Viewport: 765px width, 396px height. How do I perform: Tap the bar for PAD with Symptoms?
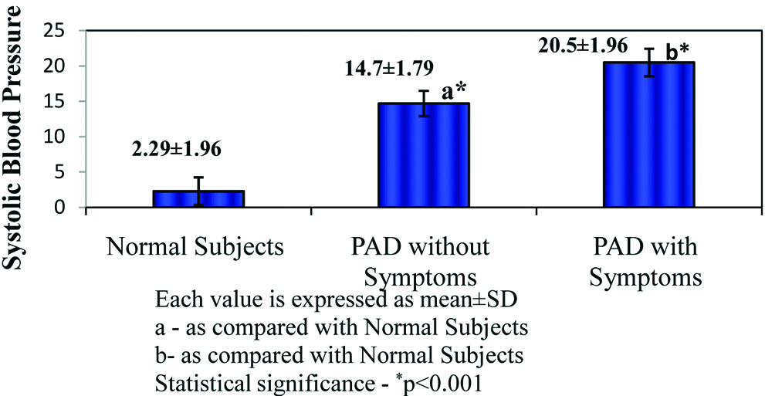point(649,135)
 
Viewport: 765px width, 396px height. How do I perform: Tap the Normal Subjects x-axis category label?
point(196,249)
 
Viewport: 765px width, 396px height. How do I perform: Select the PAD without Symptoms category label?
point(417,262)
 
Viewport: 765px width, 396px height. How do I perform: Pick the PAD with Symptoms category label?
point(645,262)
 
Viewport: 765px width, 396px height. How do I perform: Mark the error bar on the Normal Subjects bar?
point(198,191)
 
